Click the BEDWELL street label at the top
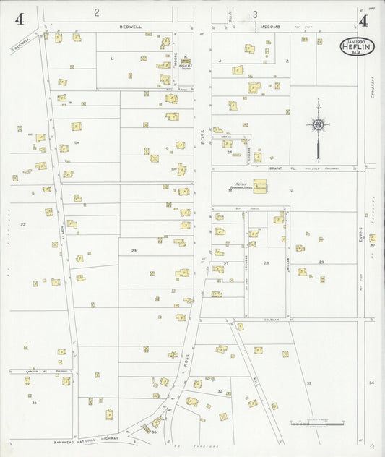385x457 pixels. [x=131, y=26]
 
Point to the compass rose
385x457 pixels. [x=317, y=125]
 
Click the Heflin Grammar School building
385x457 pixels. [x=259, y=187]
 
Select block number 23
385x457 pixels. [x=133, y=250]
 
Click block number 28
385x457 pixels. [x=266, y=262]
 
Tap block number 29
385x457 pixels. [x=321, y=261]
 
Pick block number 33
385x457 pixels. [x=308, y=382]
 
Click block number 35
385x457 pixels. [x=34, y=402]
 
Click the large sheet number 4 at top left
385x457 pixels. [x=19, y=20]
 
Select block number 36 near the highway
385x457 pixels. [x=154, y=432]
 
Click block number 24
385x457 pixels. [x=229, y=153]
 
